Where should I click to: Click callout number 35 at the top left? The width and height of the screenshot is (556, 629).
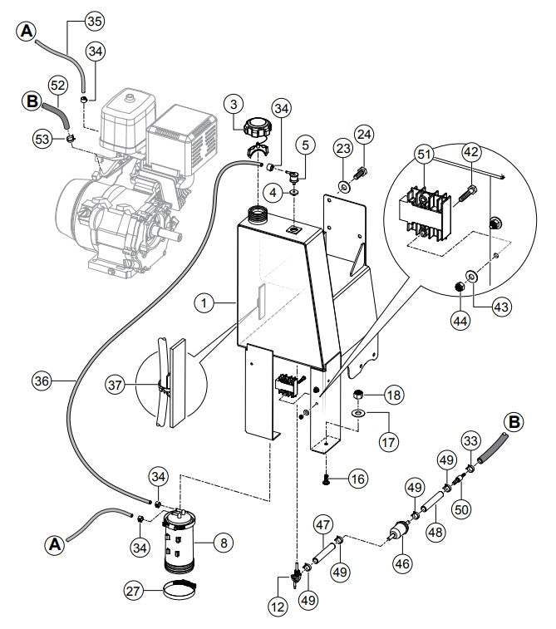(94, 19)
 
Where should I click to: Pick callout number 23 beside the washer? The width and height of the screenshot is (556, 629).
(342, 149)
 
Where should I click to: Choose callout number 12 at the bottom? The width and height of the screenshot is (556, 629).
(277, 607)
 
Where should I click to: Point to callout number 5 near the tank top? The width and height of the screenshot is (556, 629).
(306, 145)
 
